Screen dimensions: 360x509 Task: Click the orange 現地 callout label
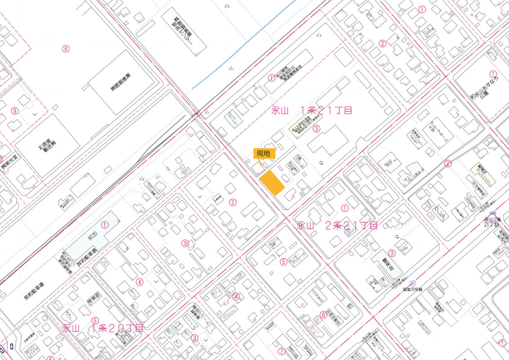[x=263, y=153]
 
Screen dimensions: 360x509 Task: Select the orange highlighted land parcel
[x=273, y=182]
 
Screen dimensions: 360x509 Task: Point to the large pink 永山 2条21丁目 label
[x=337, y=225]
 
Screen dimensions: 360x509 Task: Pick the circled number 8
[x=66, y=49]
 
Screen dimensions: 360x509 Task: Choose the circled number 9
[x=15, y=111]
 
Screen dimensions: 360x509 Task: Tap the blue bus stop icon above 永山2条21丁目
[x=493, y=214]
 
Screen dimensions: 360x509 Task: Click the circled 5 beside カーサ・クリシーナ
[x=283, y=261]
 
